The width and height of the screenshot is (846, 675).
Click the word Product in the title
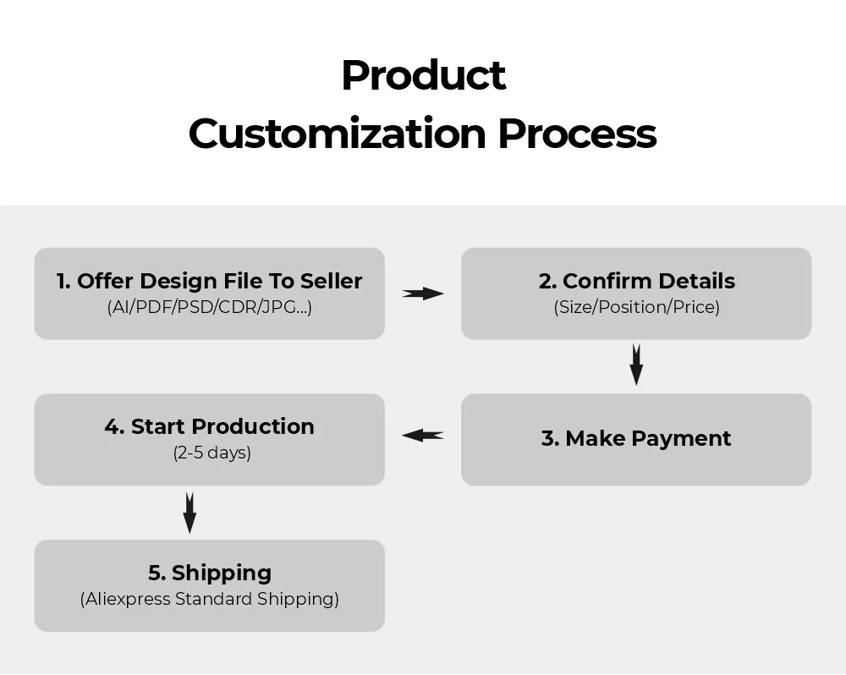click(x=424, y=75)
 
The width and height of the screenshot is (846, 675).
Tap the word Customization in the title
click(x=338, y=134)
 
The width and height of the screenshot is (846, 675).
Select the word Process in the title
click(x=577, y=134)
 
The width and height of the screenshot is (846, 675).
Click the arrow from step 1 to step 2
click(x=422, y=294)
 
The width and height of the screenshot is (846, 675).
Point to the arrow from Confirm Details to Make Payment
click(x=636, y=365)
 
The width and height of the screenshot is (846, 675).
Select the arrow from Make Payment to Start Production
click(x=423, y=435)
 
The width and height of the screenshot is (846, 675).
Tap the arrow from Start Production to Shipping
click(x=190, y=513)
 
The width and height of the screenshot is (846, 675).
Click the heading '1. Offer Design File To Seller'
click(x=209, y=281)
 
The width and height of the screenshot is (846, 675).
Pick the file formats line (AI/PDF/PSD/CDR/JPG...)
click(x=209, y=307)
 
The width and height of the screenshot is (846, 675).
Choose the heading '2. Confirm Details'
click(x=637, y=281)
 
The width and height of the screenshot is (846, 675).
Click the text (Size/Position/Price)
click(x=637, y=307)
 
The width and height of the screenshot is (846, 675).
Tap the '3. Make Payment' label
click(x=636, y=438)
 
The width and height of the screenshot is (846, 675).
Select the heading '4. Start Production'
click(x=209, y=426)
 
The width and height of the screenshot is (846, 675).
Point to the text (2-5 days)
click(x=212, y=453)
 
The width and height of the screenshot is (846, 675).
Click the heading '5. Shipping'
click(x=210, y=573)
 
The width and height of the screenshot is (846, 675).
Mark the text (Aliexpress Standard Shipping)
click(x=209, y=599)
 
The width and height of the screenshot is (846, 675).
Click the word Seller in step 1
click(x=332, y=281)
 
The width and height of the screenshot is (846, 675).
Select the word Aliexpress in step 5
click(x=128, y=600)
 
